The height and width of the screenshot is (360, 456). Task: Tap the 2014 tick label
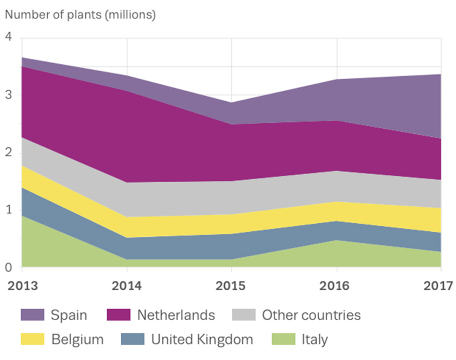point(127,286)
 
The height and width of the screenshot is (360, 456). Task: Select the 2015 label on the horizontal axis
point(231,286)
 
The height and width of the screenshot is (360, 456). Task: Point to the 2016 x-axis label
point(336,286)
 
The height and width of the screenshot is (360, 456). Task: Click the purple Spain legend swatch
point(33,315)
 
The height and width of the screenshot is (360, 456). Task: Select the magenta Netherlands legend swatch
point(119,315)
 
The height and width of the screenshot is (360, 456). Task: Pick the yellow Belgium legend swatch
point(33,339)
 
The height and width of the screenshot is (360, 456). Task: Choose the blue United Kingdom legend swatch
point(133,339)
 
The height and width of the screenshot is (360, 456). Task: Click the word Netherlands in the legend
point(176,315)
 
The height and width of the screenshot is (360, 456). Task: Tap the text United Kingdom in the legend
point(202,339)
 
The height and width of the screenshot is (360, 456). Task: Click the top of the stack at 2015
point(231,103)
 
